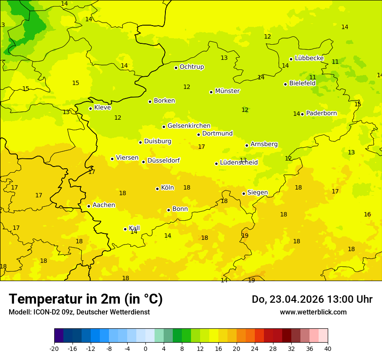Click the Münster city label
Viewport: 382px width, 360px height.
point(227,91)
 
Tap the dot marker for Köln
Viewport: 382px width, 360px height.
point(157,189)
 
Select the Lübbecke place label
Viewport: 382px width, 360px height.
point(309,58)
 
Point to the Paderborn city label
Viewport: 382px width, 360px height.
point(321,113)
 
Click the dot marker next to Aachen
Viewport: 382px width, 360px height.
point(89,206)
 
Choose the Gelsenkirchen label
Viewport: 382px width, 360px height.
point(189,126)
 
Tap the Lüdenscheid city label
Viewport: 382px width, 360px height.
point(239,163)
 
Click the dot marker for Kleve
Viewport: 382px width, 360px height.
point(90,108)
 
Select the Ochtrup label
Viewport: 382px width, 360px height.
point(191,67)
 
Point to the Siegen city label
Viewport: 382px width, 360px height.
point(257,193)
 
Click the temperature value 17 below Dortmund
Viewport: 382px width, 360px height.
point(201,147)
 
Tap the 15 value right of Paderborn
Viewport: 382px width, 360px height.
point(358,104)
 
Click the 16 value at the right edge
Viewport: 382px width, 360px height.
point(367,214)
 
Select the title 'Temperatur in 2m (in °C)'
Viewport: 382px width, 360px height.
point(86,299)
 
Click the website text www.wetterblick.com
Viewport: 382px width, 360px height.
point(313,312)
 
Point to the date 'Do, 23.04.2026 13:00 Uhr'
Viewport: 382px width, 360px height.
point(312,299)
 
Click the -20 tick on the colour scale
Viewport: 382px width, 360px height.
point(54,348)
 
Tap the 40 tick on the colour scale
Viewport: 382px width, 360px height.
point(328,348)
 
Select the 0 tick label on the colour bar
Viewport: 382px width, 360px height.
point(145,348)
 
